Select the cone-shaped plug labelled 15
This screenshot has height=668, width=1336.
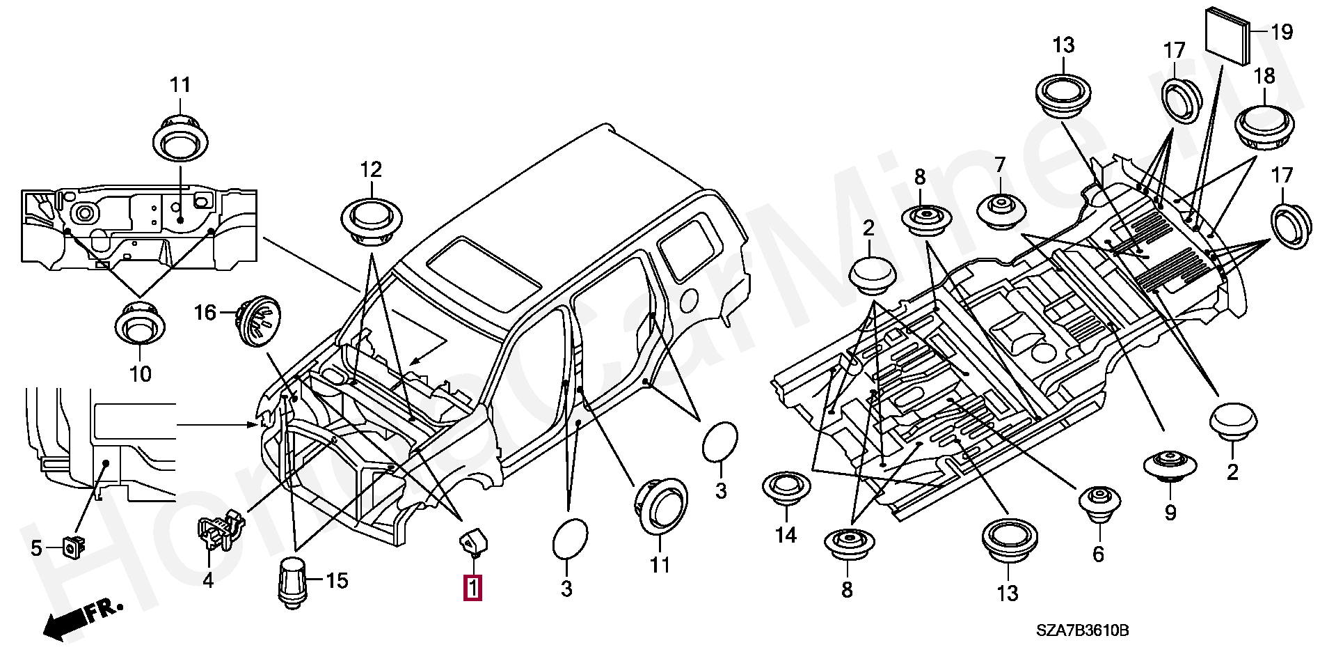(x=292, y=583)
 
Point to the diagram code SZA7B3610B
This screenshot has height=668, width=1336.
(x=1083, y=631)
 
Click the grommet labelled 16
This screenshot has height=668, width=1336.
(x=258, y=321)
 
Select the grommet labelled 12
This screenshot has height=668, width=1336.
(x=372, y=222)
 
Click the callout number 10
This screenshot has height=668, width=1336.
(x=141, y=374)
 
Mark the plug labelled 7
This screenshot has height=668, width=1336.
(x=1001, y=210)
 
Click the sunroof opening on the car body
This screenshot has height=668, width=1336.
(x=484, y=274)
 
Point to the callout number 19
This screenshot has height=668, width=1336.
(x=1282, y=32)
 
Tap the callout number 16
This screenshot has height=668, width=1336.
(x=205, y=313)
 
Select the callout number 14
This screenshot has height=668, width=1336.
(x=786, y=535)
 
